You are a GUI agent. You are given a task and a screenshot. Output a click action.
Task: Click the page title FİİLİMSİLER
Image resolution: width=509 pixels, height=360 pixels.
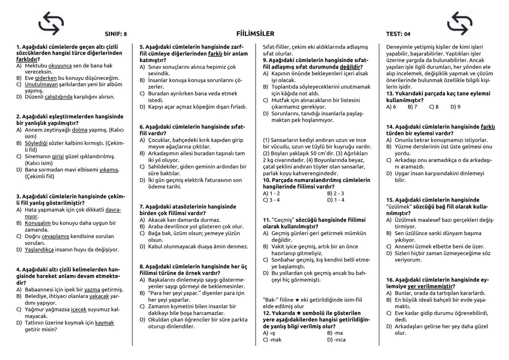click(255, 34)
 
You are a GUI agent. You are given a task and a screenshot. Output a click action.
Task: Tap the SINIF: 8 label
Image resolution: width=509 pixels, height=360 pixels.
click(116, 34)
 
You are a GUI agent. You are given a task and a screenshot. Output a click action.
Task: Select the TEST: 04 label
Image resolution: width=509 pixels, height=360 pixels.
click(398, 34)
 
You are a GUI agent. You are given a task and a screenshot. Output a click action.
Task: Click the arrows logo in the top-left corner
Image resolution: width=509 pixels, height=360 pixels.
click(51, 23)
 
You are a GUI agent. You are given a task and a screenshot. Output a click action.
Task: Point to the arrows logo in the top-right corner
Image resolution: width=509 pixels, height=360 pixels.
click(459, 23)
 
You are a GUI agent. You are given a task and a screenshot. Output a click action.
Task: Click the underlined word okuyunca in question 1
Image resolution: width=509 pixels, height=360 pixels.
click(60, 66)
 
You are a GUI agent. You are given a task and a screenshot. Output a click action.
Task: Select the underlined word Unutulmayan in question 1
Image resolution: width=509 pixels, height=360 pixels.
click(41, 84)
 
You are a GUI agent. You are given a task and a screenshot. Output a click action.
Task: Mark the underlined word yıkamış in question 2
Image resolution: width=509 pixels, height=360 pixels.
click(109, 170)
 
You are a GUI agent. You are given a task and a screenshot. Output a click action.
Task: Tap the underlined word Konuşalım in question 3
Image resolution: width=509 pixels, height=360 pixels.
click(38, 223)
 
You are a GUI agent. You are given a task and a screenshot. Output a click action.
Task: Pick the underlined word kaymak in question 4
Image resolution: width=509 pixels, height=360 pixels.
click(104, 323)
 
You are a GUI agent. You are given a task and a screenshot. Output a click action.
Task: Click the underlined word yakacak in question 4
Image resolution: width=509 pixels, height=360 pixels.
click(99, 296)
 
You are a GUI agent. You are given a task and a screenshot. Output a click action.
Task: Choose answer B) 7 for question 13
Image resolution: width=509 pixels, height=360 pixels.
click(412, 107)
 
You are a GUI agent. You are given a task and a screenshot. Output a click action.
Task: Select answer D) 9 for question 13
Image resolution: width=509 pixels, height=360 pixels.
click(455, 107)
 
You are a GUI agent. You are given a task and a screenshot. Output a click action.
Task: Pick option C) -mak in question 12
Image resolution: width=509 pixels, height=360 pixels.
click(272, 340)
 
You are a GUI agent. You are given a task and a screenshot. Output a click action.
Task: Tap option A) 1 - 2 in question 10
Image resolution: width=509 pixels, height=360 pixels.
click(271, 193)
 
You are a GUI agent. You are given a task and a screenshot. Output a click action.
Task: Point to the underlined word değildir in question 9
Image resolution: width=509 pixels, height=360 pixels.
click(351, 67)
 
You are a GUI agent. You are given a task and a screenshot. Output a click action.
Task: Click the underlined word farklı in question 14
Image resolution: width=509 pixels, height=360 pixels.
click(488, 127)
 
